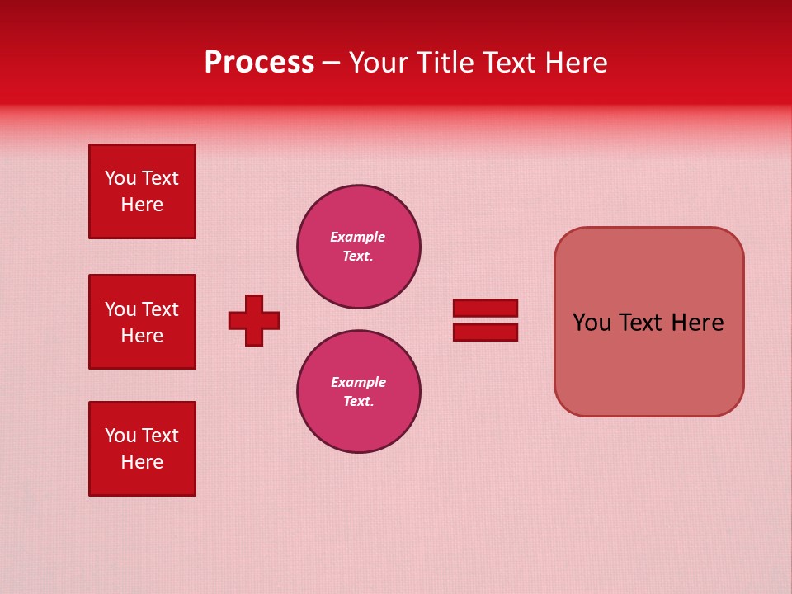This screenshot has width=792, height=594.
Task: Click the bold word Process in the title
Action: [259, 63]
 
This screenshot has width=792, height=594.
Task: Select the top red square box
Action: [142, 191]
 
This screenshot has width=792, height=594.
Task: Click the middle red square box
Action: [142, 322]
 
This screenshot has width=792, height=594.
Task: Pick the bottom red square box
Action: [142, 449]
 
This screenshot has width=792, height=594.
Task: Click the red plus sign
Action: [254, 320]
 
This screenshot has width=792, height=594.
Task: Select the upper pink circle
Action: [359, 247]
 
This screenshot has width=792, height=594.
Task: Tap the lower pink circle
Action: [359, 392]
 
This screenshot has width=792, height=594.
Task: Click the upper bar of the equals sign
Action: [485, 308]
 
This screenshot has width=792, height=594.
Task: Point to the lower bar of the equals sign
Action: [485, 332]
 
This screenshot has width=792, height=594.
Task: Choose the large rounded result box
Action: [648, 322]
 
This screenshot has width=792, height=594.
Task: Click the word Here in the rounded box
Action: [697, 323]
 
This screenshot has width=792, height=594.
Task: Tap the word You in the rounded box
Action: [592, 323]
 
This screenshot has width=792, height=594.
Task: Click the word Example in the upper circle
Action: [358, 237]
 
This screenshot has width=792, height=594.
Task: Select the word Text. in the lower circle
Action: [358, 402]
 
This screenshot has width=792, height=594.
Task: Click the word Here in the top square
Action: [142, 205]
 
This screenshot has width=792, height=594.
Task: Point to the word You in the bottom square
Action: [120, 436]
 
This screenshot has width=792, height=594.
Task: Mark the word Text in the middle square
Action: [160, 309]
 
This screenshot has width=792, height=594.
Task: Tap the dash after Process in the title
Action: [331, 64]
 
